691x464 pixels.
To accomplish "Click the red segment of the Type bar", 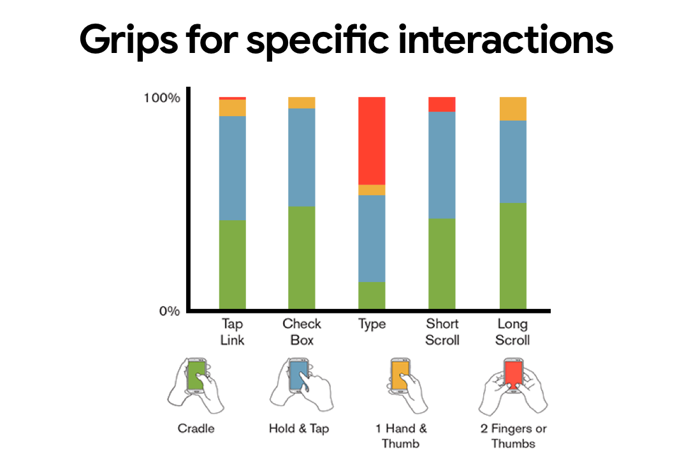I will coord(372,140).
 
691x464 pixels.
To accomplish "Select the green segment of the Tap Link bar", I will coord(232,264).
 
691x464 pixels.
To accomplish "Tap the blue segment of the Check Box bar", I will coord(302,157).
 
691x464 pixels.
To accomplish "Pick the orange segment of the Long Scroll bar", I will coord(513,109).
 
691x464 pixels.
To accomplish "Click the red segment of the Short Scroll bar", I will coord(442,104).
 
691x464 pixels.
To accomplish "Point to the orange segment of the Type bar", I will coord(372,190).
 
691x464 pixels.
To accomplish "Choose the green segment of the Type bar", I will coord(372,295).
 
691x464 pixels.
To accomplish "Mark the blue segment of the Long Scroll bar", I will coord(513,161).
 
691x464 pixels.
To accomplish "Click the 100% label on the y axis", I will coord(163,99).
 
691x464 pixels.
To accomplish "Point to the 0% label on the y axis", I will coord(168,311).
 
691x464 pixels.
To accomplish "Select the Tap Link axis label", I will coord(232,331).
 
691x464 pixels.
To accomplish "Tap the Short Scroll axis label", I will coord(442,331).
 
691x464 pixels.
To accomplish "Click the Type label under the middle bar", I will coord(372,324).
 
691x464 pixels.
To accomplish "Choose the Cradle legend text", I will coord(196,428).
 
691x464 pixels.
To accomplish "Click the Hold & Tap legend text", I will coord(299,428).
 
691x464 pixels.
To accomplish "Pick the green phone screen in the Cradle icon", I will coord(196,377).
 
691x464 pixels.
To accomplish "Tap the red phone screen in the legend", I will coord(513,374).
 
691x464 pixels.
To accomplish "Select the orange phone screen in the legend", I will coord(400,375).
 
